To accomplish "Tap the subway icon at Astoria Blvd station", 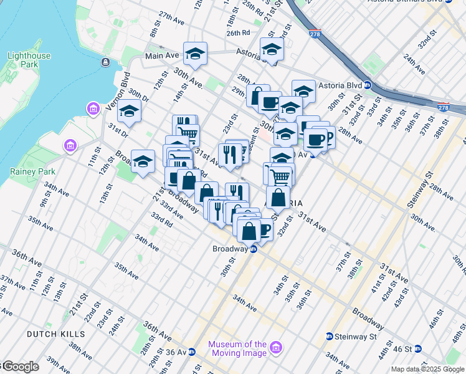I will [368, 85].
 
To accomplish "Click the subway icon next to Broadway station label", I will [254, 249].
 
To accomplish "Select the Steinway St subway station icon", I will [329, 337].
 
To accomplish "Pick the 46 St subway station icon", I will [419, 349].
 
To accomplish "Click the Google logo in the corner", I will [20, 367].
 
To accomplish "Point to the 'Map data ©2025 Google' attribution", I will [427, 369].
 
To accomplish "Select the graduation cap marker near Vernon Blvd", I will [129, 111].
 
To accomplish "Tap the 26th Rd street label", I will [238, 32].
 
